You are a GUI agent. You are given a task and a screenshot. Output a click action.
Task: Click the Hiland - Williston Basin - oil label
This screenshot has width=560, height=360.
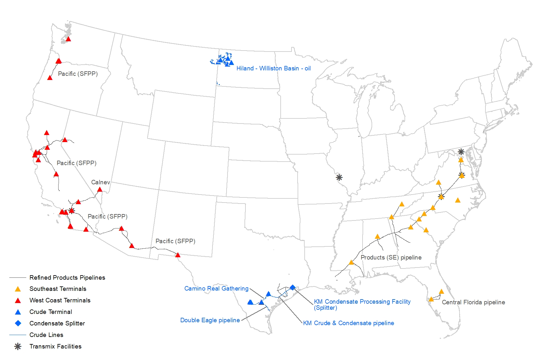(x=273, y=68)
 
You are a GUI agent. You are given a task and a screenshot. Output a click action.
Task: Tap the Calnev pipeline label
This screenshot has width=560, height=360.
(x=100, y=182)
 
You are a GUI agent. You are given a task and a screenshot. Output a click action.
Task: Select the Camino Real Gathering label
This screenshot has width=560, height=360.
(x=216, y=289)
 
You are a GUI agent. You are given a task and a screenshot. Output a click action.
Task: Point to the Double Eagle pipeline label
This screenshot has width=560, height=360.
(x=210, y=320)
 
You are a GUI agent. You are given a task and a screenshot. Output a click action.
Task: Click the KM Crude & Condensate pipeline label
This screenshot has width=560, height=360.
(x=348, y=323)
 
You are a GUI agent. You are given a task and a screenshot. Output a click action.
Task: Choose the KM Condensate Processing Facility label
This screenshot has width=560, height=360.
(x=362, y=302)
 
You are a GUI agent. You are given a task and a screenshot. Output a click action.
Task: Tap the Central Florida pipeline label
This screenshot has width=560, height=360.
(x=473, y=302)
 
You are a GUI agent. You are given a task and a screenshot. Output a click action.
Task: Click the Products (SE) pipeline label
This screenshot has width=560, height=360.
(x=391, y=258)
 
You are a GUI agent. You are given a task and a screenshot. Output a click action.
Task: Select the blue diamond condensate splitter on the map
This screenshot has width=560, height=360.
(x=292, y=287)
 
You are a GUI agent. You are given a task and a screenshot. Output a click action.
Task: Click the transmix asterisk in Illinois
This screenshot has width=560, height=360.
(x=339, y=177)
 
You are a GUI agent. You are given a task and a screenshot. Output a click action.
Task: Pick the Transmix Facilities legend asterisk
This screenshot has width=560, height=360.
(x=18, y=347)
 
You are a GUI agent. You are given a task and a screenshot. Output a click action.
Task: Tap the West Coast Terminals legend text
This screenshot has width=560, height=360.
(x=60, y=300)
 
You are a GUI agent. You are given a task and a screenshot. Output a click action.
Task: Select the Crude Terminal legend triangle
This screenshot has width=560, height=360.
(x=18, y=312)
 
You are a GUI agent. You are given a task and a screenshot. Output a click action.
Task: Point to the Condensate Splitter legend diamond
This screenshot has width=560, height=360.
(x=18, y=324)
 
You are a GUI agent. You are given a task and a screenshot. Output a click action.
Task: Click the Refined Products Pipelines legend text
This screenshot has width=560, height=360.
(x=67, y=278)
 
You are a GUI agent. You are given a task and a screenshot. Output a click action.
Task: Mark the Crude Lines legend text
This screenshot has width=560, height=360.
(x=46, y=335)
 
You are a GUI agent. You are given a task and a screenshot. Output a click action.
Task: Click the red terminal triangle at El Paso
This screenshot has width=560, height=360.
(x=178, y=255)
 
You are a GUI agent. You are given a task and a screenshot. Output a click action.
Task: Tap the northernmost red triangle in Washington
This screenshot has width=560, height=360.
(x=68, y=39)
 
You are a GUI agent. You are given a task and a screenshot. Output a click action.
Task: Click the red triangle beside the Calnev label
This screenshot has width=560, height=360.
(x=100, y=190)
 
